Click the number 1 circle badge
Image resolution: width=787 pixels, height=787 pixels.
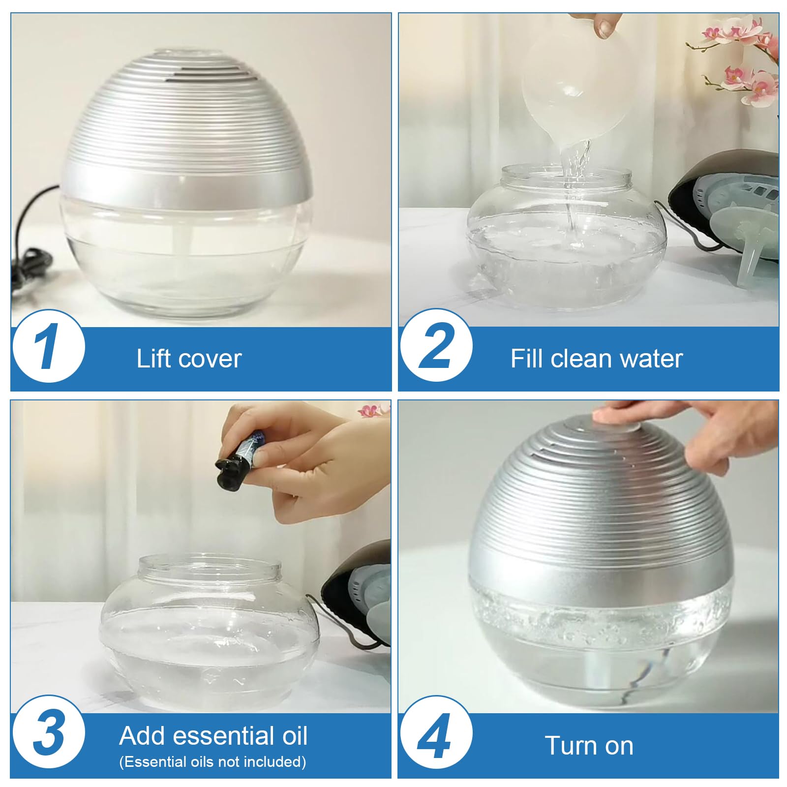point(48,346)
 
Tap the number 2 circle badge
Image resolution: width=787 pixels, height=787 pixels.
point(435,346)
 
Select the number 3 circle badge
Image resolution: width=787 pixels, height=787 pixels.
point(48,733)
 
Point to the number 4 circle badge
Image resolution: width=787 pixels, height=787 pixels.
point(435,733)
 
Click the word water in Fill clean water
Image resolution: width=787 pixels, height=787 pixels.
point(651,359)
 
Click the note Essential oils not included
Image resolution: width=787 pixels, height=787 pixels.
point(212,762)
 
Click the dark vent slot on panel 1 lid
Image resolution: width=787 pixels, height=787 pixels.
point(207,74)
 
